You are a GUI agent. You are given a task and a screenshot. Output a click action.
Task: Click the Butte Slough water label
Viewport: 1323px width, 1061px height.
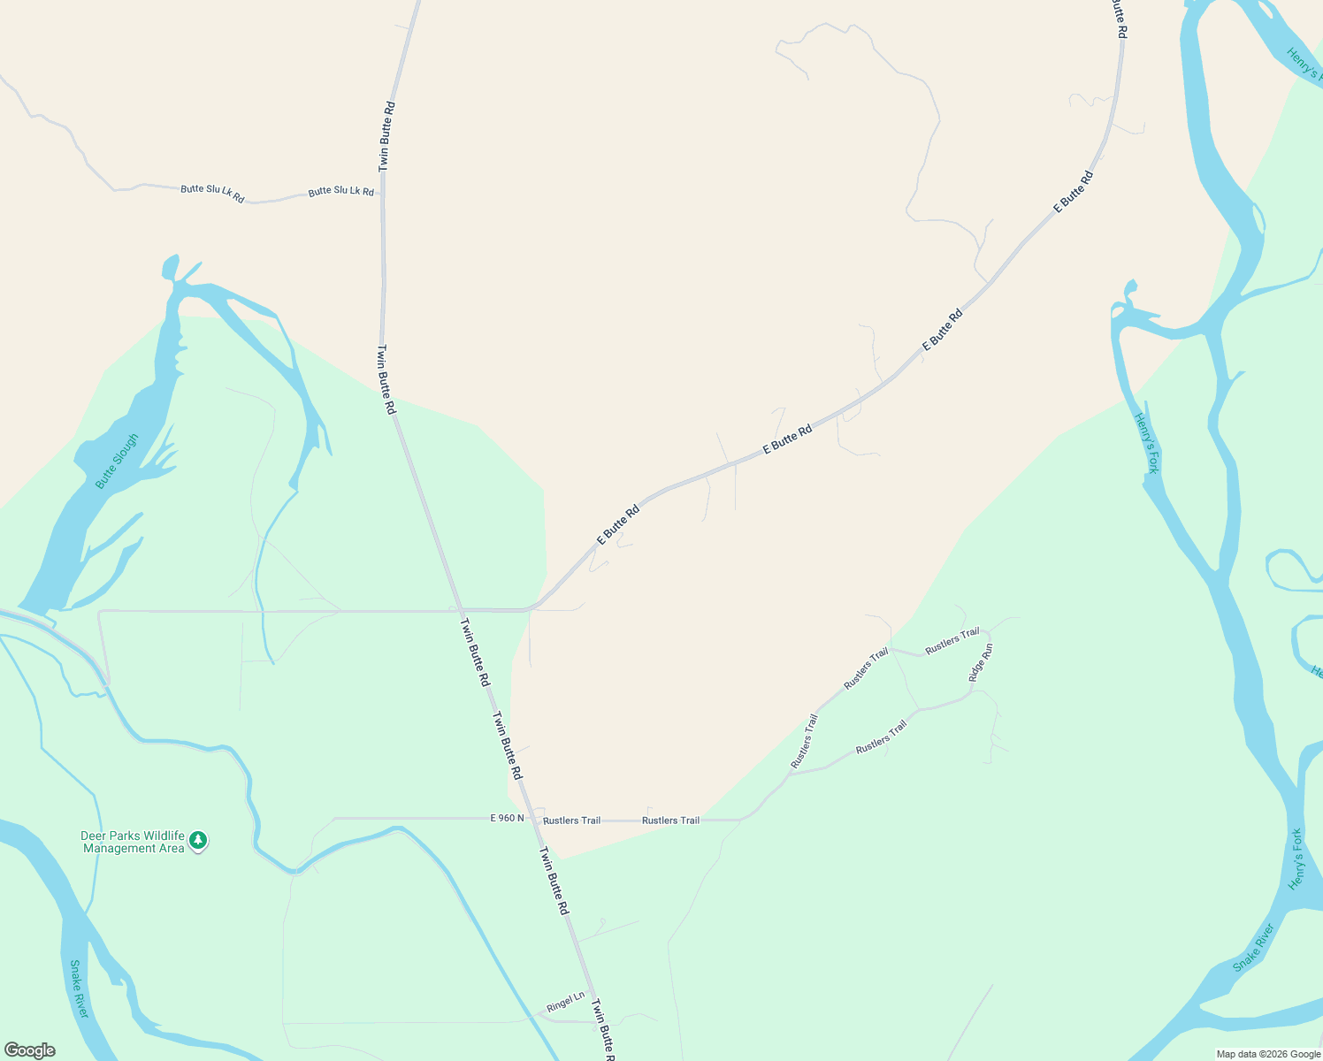tap(118, 461)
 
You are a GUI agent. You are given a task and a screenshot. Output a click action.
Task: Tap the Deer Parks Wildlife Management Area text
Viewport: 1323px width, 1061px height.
tap(133, 842)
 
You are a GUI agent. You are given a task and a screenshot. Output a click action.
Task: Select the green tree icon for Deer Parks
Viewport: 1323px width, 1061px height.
tap(199, 840)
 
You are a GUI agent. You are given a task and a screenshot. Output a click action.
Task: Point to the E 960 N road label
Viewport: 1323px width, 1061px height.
tap(507, 819)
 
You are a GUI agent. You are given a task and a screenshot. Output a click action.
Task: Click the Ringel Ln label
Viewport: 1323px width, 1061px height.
tap(565, 1002)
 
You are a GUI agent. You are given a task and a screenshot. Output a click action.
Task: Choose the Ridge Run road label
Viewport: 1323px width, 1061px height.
tap(981, 662)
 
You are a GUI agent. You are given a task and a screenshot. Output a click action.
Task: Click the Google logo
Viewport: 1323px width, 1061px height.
tap(29, 1050)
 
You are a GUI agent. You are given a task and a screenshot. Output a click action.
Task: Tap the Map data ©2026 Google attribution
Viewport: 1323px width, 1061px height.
tap(1268, 1054)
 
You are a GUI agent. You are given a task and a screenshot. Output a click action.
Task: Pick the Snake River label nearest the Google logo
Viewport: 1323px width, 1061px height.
tap(79, 988)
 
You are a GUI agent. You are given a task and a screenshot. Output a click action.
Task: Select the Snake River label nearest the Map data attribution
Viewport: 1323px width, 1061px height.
tap(1254, 948)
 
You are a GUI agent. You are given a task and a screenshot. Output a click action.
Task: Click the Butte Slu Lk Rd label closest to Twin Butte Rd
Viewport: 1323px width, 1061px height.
tap(340, 192)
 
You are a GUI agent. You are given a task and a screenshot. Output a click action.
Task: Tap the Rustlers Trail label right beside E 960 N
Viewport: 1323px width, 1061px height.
tap(571, 821)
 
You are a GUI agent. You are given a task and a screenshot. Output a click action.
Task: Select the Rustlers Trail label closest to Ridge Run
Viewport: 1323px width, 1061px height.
tap(952, 641)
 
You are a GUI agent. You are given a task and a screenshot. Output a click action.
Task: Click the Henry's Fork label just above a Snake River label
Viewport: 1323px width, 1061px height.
tap(1296, 859)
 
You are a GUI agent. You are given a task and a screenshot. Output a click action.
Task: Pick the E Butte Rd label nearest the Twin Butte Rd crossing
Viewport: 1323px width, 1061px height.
tap(618, 524)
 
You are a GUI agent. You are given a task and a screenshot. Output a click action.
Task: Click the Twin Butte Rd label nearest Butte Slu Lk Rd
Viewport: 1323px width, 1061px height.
tap(386, 136)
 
